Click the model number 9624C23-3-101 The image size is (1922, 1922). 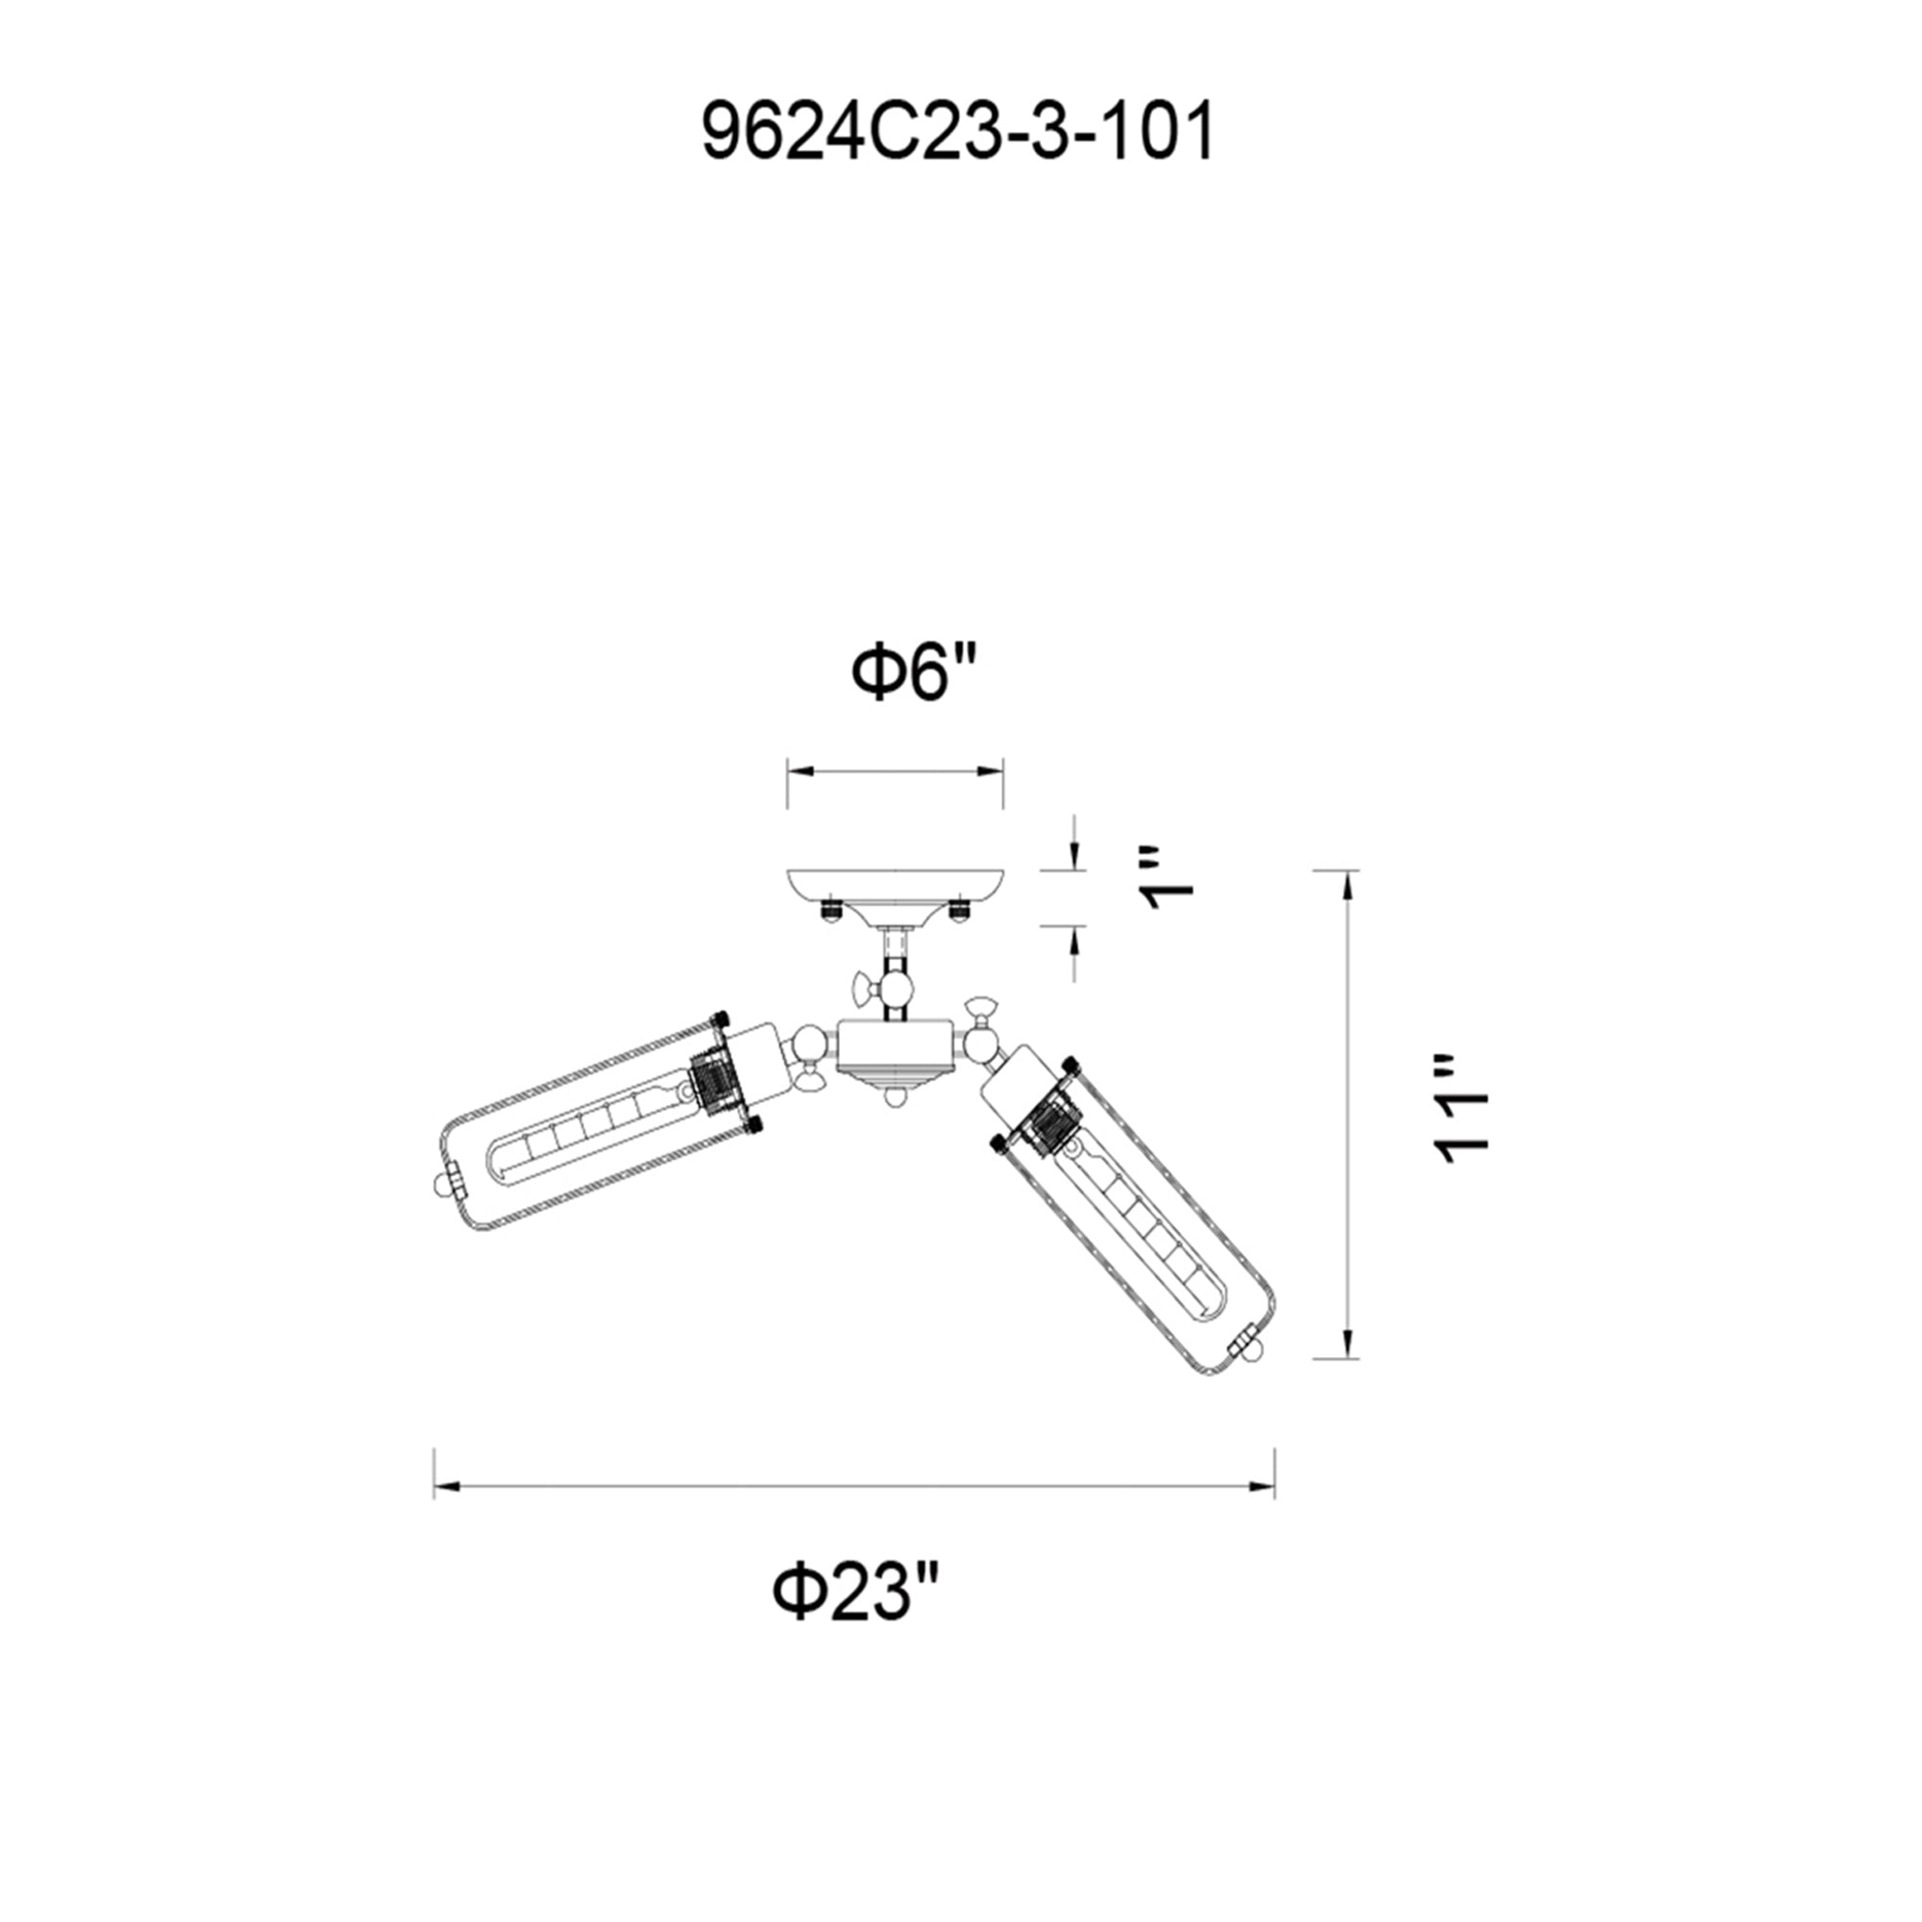958,134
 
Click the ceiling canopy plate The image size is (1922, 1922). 895,889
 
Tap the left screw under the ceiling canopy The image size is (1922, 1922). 830,909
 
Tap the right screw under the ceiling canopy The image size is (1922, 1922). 959,909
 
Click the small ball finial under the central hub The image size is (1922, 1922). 896,1097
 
